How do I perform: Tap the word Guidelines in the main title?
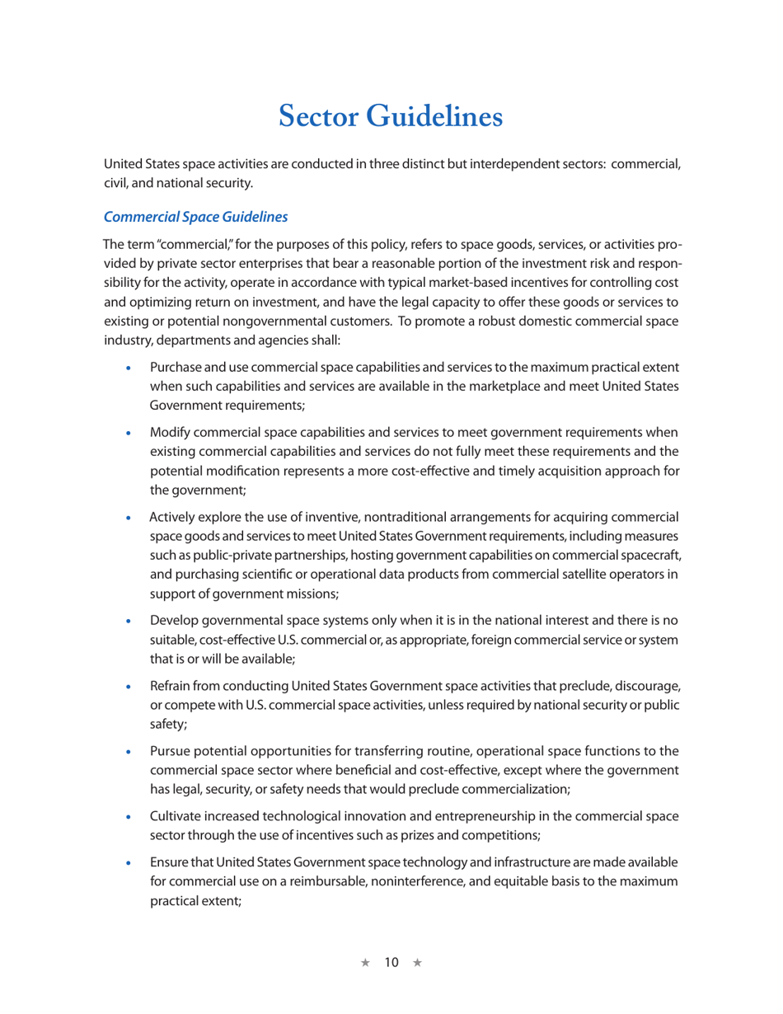pyautogui.click(x=434, y=117)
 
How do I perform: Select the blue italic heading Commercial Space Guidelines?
pyautogui.click(x=195, y=217)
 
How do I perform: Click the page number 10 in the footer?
pyautogui.click(x=391, y=963)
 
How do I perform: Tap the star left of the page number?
pyautogui.click(x=366, y=963)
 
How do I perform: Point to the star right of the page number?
pyautogui.click(x=417, y=963)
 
